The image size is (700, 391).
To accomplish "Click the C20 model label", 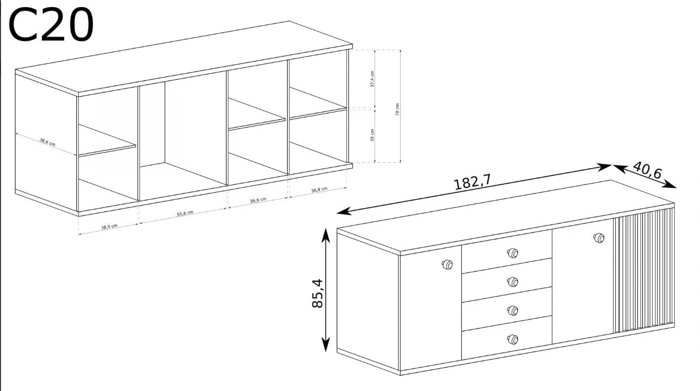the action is pyautogui.click(x=51, y=24).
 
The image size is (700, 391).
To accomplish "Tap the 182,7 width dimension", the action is pyautogui.click(x=472, y=183).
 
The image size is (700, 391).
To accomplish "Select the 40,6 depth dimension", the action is pyautogui.click(x=647, y=170).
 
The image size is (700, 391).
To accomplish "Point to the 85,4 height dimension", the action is pyautogui.click(x=317, y=293).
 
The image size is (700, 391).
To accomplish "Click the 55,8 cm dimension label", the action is pyautogui.click(x=185, y=213).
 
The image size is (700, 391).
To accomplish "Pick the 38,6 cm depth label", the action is pyautogui.click(x=47, y=142).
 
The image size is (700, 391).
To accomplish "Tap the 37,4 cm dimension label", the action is pyautogui.click(x=372, y=79).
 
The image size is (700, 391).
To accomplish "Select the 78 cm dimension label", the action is pyautogui.click(x=397, y=109).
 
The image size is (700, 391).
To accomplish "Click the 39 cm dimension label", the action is pyautogui.click(x=372, y=135).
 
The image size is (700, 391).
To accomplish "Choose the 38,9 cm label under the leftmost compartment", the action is pyautogui.click(x=109, y=227).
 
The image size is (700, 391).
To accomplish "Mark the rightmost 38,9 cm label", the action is pyautogui.click(x=319, y=190).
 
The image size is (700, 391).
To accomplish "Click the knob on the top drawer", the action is pyautogui.click(x=512, y=253).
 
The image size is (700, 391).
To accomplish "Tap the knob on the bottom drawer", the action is pyautogui.click(x=512, y=339).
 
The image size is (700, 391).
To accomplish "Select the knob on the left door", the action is pyautogui.click(x=447, y=265).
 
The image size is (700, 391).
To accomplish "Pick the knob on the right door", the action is pyautogui.click(x=599, y=238).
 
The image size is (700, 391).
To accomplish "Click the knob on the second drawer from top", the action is pyautogui.click(x=512, y=282).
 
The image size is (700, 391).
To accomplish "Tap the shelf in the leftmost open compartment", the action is pyautogui.click(x=107, y=141).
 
